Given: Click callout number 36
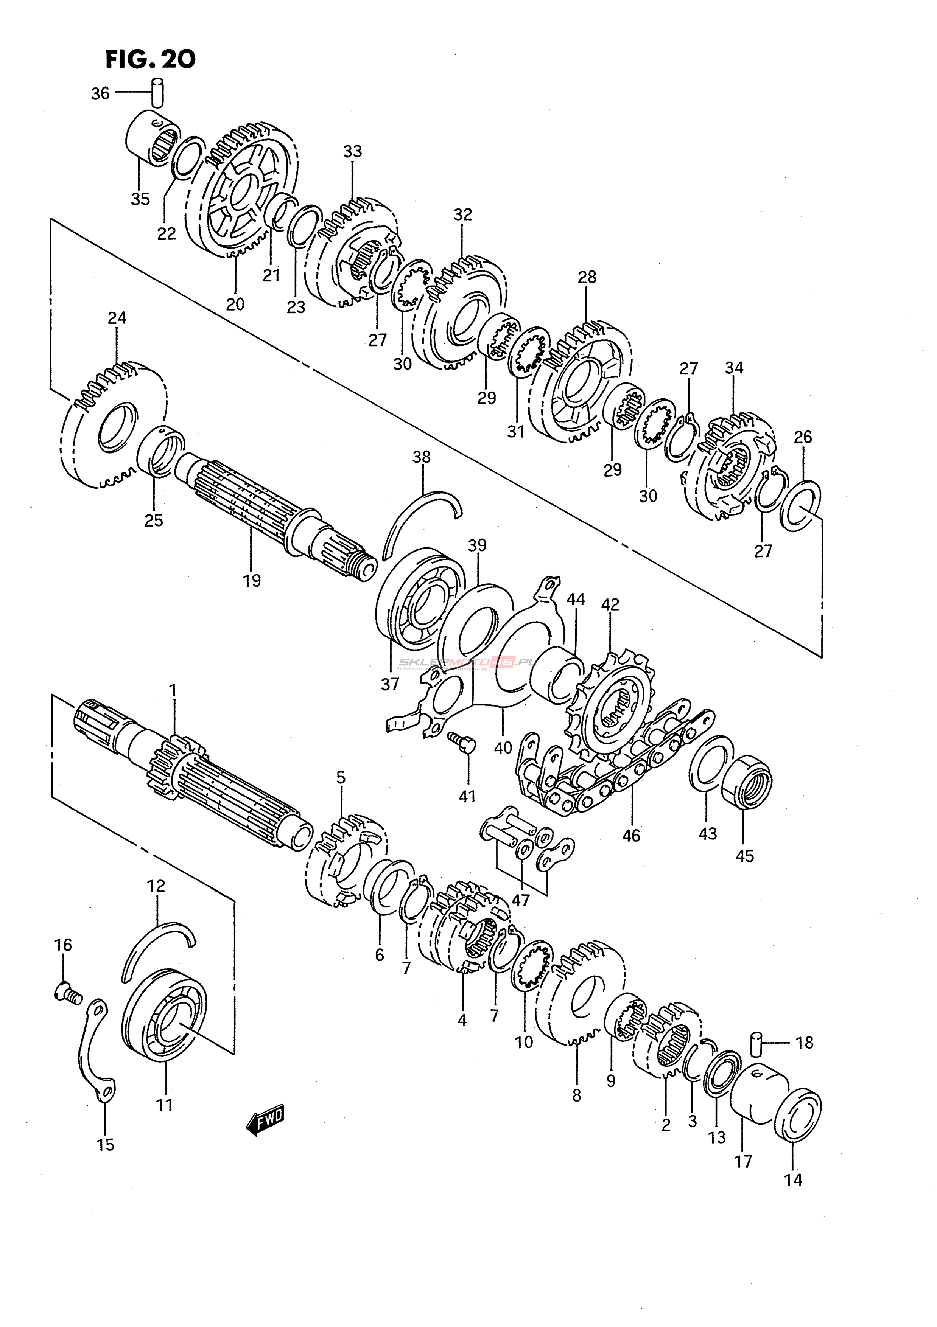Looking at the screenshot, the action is [100, 93].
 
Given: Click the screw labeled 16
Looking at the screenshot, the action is [68, 993].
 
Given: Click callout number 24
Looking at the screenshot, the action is [117, 318].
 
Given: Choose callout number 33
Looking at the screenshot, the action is [352, 151].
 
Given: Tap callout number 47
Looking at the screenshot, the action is [520, 900].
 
